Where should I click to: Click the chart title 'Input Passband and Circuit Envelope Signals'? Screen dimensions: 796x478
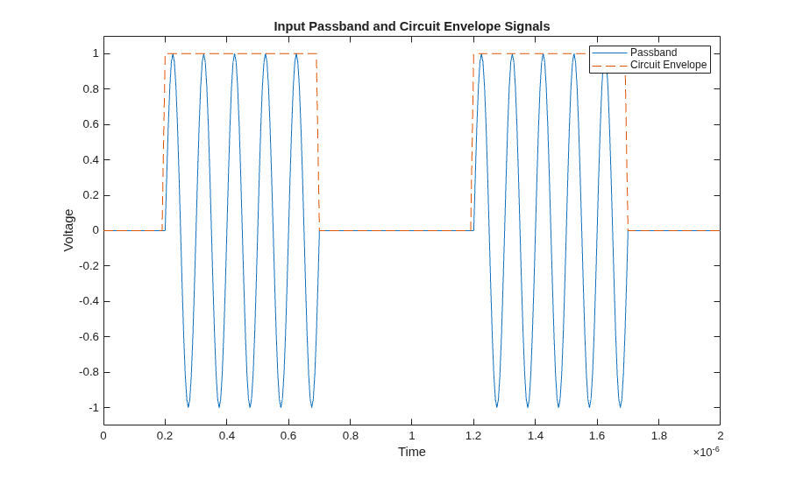tap(412, 26)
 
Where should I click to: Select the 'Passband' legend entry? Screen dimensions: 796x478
tap(653, 53)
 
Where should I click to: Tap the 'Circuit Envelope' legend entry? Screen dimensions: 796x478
tap(668, 65)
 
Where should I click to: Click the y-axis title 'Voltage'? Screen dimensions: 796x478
tap(68, 230)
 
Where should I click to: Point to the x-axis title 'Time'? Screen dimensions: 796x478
tap(412, 452)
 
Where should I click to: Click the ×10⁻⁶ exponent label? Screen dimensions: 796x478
tap(707, 451)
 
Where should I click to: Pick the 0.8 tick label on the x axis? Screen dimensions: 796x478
tap(350, 436)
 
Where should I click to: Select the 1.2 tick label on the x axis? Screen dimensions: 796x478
tap(473, 436)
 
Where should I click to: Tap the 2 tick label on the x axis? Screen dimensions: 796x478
tap(721, 436)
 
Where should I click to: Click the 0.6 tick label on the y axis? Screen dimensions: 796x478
tap(90, 124)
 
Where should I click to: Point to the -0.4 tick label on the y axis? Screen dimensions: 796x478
tap(89, 301)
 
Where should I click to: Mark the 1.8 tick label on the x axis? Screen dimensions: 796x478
tap(658, 436)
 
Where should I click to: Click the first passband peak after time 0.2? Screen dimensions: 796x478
tap(173, 54)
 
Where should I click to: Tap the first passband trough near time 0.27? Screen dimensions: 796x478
tap(188, 406)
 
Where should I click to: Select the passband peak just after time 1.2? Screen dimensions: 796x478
tap(481, 54)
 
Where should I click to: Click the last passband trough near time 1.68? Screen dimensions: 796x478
tap(620, 406)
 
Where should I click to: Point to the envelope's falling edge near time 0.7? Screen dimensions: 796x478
tap(318, 142)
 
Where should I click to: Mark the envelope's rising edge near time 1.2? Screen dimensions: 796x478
tap(473, 142)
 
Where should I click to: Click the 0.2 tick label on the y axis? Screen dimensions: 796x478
tap(90, 195)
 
